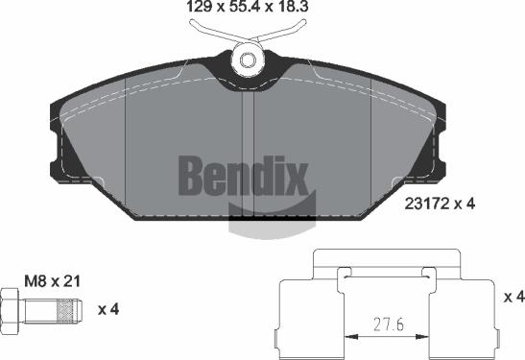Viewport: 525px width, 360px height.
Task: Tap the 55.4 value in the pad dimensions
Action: (246, 12)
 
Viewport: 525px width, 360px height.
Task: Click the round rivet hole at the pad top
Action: (249, 60)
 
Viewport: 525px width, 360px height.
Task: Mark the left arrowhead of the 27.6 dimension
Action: (350, 337)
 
